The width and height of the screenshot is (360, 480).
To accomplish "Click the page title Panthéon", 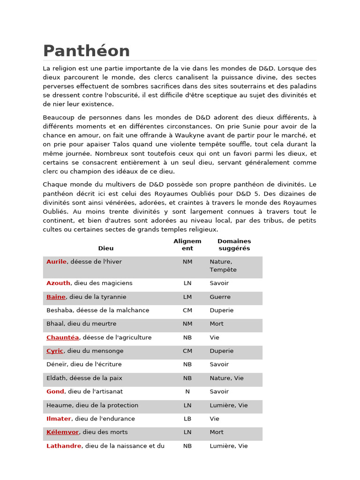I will [86, 51].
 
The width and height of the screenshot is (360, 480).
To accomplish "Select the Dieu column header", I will [105, 248].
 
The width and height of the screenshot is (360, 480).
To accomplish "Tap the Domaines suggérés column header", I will [234, 245].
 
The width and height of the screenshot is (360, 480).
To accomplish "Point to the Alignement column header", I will [187, 245].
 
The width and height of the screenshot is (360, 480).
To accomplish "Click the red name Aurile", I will [56, 262].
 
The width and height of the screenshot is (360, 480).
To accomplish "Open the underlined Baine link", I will [56, 297].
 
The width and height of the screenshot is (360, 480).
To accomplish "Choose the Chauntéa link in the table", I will [62, 337].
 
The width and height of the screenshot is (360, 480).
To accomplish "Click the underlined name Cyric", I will [54, 351].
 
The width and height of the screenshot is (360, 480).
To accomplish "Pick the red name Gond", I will [55, 391].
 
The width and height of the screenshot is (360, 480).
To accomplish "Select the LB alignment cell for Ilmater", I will [187, 419].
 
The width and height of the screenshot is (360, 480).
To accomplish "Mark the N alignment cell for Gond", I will [187, 391].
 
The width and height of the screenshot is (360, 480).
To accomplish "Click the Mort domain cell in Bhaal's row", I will [217, 324].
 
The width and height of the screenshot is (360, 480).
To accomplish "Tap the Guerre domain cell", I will [220, 297].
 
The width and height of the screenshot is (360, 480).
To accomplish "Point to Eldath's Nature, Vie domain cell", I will [226, 378].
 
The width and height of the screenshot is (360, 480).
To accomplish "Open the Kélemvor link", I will [62, 432].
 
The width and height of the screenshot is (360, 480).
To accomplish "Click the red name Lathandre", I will [64, 446].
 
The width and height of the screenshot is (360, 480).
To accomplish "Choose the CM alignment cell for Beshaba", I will [187, 310].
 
